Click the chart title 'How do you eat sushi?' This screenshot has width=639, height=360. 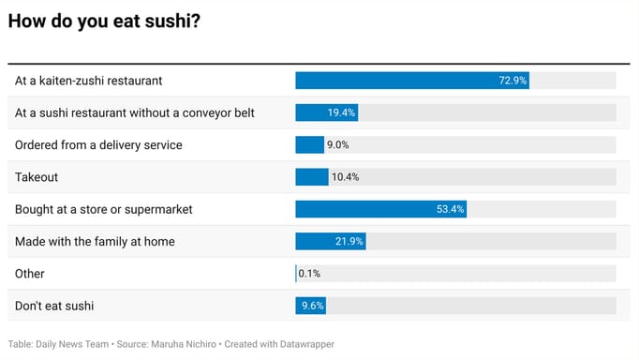pos(104,22)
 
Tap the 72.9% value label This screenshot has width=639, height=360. pos(513,81)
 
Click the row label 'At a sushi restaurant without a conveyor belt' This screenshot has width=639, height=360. pos(135,112)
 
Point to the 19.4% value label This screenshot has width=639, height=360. pos(341,112)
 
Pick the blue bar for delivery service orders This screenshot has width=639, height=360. pos(309,144)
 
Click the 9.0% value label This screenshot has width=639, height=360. pos(338,145)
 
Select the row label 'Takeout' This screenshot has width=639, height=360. pos(37,177)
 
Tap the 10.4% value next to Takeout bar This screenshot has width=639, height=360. pos(345,177)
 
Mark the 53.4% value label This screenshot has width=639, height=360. pos(451,209)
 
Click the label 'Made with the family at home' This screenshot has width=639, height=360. pos(95,241)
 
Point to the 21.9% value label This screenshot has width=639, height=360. pos(349,242)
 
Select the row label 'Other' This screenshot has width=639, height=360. pos(30,274)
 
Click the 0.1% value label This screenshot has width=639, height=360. pos(309,274)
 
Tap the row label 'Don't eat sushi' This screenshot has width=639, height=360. pos(54,306)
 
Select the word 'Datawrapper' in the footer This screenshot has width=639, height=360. pos(305,344)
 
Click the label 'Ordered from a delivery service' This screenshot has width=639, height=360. pos(98,144)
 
